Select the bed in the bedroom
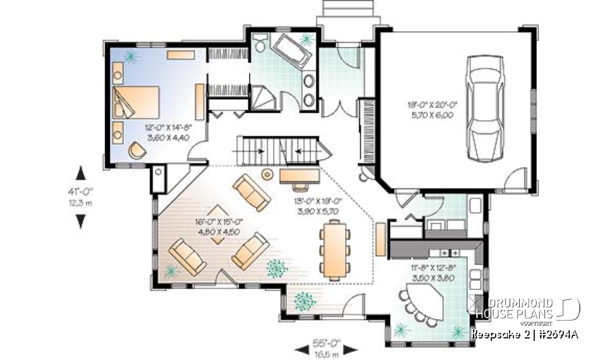point(136,102)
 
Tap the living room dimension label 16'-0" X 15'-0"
point(219,227)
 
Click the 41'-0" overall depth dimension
point(80,195)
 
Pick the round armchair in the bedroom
point(137,150)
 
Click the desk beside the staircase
point(300,175)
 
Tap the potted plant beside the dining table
point(276,268)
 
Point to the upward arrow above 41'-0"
point(80,173)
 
